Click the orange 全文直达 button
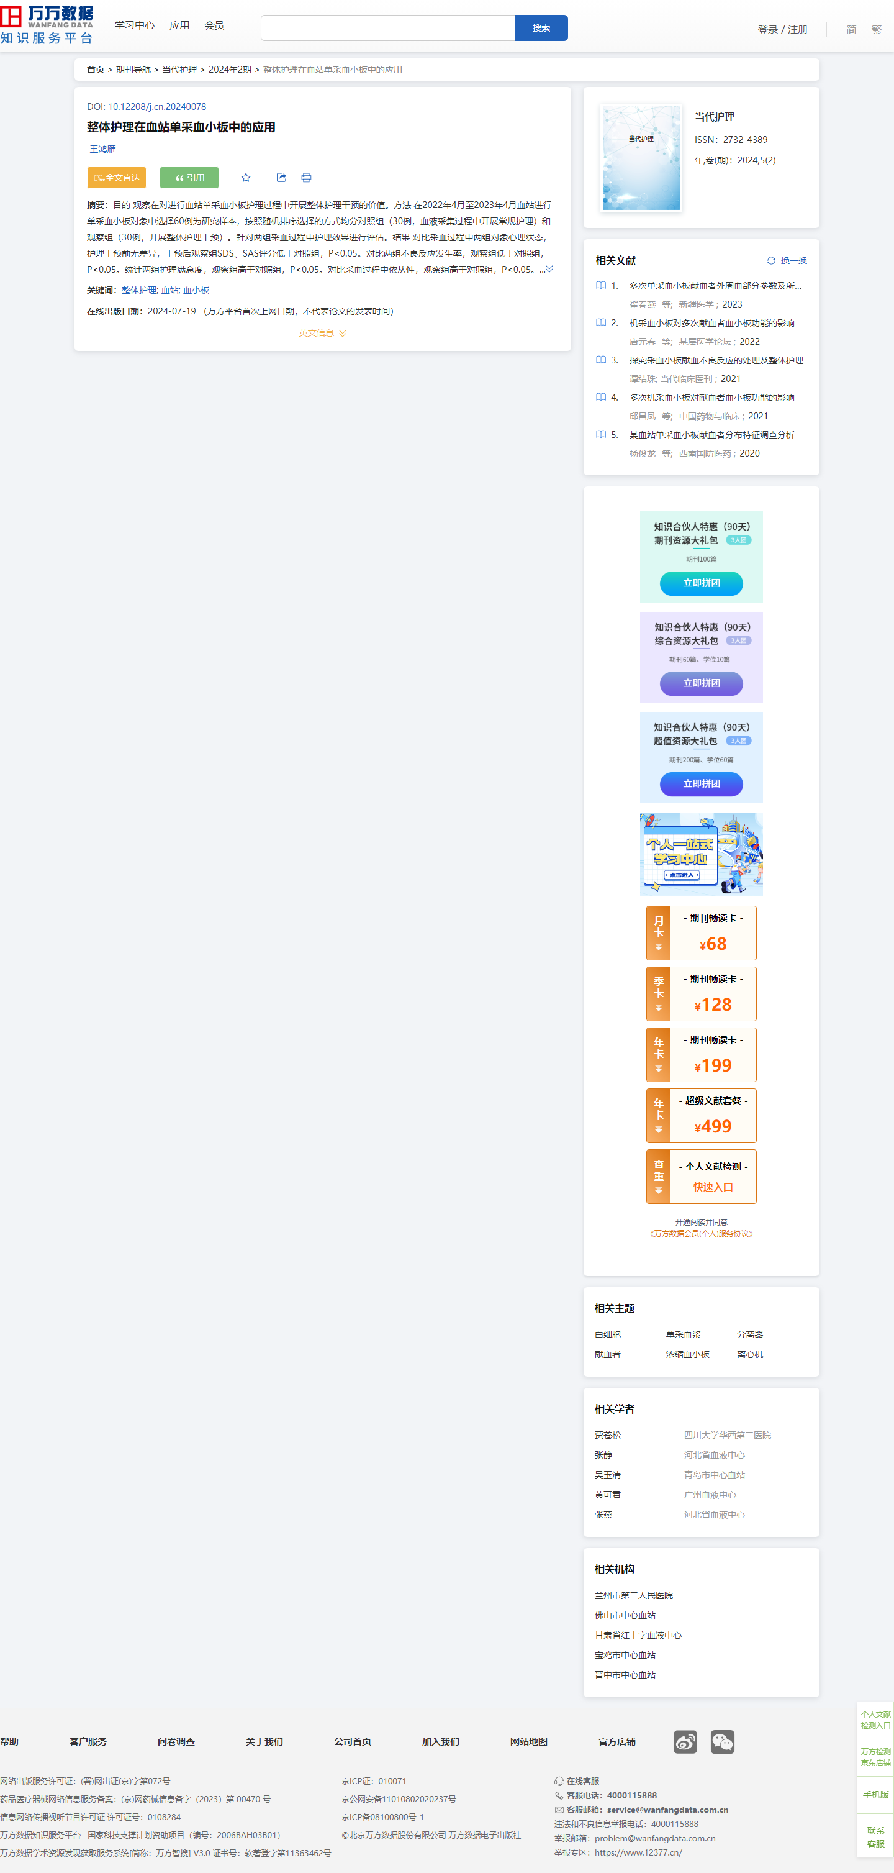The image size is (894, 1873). [x=116, y=178]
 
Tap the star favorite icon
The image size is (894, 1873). [x=246, y=178]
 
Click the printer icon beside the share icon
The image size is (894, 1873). [x=306, y=178]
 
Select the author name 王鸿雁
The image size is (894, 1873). [x=102, y=149]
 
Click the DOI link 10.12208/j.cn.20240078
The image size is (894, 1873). [x=157, y=107]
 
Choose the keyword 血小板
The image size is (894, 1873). [x=196, y=290]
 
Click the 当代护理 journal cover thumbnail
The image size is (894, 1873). [x=641, y=158]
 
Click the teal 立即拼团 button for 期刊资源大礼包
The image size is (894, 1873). [x=702, y=583]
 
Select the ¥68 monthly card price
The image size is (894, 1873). [x=713, y=944]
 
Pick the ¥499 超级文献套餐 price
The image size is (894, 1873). [x=713, y=1126]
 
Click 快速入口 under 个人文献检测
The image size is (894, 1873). [x=713, y=1187]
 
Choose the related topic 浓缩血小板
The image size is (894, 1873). [x=688, y=1354]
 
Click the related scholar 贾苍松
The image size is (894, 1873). [x=608, y=1435]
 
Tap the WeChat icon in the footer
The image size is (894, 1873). [x=722, y=1741]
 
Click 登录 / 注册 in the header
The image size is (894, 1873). [x=783, y=30]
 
